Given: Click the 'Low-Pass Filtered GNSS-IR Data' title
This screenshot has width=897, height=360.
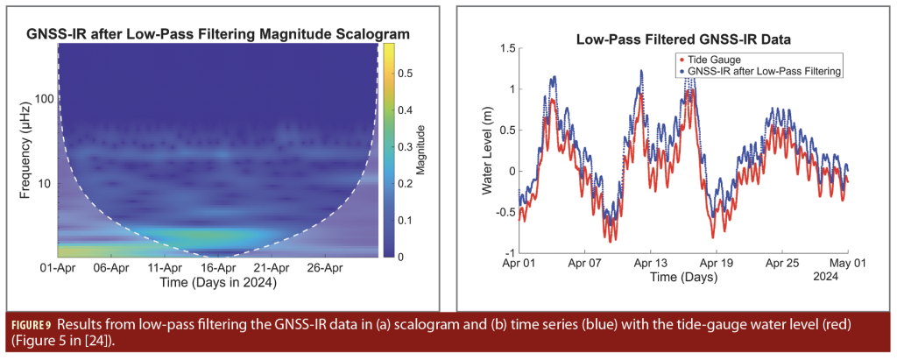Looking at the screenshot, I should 683,39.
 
